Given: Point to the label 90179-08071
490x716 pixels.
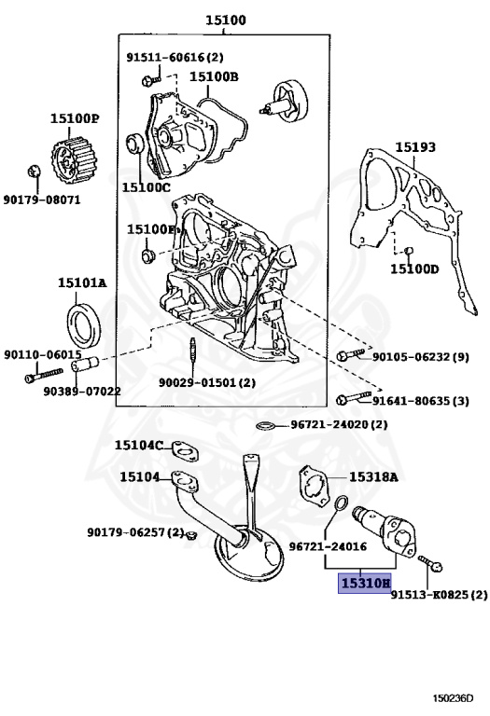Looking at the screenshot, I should [42, 200].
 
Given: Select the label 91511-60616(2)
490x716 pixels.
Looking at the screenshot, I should [175, 57].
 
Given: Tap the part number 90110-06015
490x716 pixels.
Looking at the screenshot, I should [42, 355].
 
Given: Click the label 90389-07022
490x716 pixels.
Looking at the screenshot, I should [81, 391].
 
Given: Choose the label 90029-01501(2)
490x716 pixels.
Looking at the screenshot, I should [206, 382].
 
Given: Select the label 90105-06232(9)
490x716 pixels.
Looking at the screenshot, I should [421, 356].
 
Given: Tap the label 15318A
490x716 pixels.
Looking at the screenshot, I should [373, 476].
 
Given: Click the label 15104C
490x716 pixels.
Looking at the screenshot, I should [139, 446].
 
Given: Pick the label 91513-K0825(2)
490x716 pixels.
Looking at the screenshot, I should [439, 594].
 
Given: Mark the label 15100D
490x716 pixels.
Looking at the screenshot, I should [413, 269].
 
